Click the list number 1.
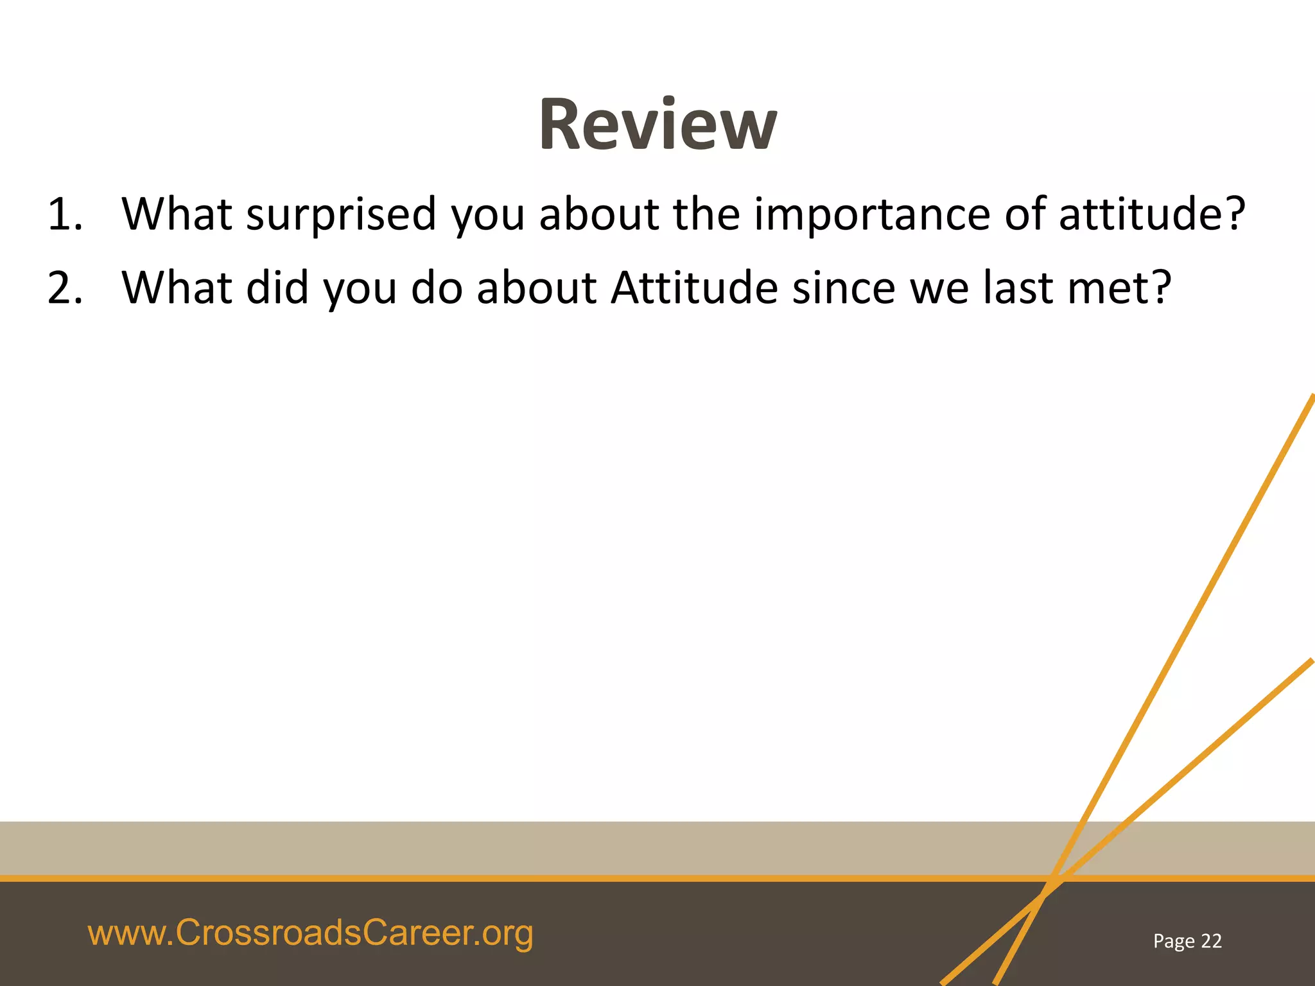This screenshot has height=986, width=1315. click(64, 215)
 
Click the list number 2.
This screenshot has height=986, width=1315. click(64, 288)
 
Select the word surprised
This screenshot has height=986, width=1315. click(341, 215)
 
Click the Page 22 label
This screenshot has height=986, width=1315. click(1187, 941)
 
